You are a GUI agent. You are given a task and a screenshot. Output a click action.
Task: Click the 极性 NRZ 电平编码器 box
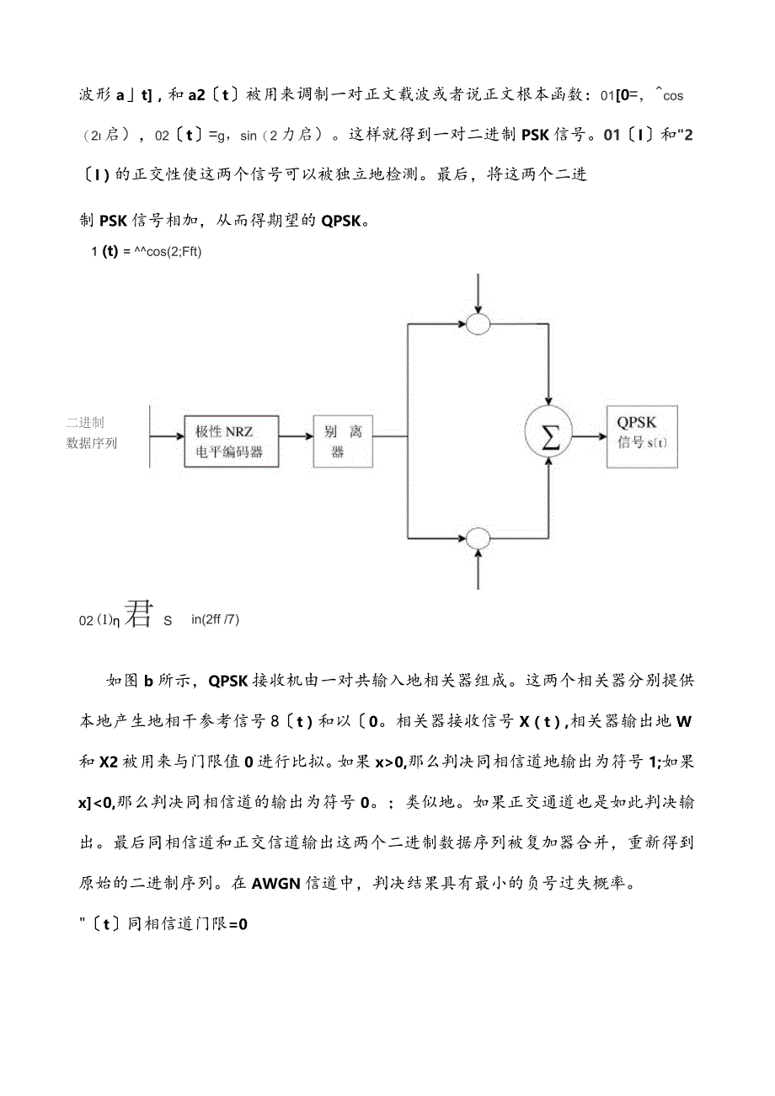(x=229, y=441)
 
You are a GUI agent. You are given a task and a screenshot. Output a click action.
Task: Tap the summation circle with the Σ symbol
(x=548, y=436)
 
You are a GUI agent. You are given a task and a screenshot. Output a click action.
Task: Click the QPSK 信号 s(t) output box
(x=643, y=436)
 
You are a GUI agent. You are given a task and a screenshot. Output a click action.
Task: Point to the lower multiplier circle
(x=478, y=537)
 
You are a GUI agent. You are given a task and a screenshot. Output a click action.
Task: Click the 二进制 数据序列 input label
(x=91, y=432)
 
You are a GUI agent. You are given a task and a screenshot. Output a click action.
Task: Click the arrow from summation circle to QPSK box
(x=589, y=436)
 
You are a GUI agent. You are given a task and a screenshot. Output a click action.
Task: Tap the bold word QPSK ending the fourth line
(x=340, y=221)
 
